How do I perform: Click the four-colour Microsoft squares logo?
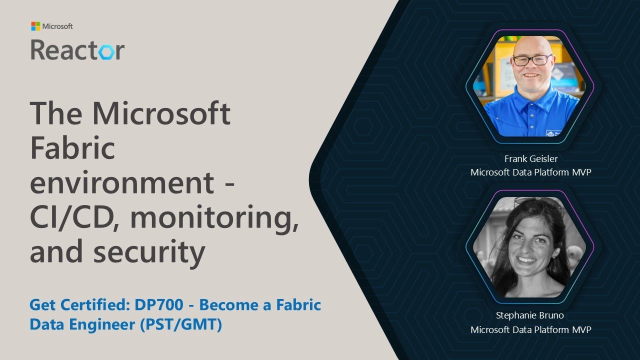pyautogui.click(x=35, y=26)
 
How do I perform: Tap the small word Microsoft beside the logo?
pyautogui.click(x=57, y=26)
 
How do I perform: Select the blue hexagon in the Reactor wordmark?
pyautogui.click(x=104, y=51)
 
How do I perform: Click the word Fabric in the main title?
pyautogui.click(x=72, y=149)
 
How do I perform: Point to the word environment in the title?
pyautogui.click(x=122, y=182)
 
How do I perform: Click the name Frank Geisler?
pyautogui.click(x=531, y=159)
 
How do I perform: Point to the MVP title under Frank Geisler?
pyautogui.click(x=531, y=172)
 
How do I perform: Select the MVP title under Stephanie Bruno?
pyautogui.click(x=531, y=329)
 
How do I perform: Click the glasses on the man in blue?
pyautogui.click(x=531, y=60)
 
